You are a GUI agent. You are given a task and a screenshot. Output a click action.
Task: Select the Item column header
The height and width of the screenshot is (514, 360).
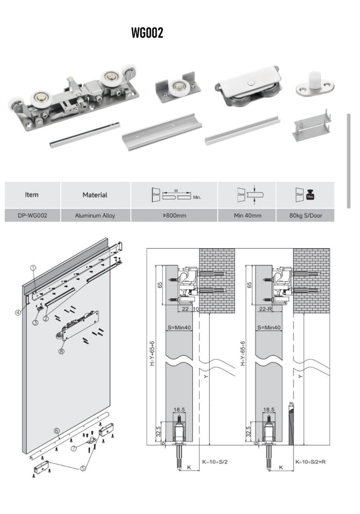32,195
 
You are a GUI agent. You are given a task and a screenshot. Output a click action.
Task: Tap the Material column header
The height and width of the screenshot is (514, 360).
94,195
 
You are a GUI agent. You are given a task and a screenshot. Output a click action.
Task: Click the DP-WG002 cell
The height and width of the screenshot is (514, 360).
32,215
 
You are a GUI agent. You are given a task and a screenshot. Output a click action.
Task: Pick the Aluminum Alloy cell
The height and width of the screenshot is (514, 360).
94,215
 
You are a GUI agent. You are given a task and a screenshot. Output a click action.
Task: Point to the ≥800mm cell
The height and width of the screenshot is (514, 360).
174,215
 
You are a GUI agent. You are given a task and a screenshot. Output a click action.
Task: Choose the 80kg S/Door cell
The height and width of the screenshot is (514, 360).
304,215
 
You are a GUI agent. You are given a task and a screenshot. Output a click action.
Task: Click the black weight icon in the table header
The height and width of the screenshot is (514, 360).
309,195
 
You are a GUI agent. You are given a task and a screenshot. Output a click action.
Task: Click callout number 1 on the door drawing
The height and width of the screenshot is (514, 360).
33,269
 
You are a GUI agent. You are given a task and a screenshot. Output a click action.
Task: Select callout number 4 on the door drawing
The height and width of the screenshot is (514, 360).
18,312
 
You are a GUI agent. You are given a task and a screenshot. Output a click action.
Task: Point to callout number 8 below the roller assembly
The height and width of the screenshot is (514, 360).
61,351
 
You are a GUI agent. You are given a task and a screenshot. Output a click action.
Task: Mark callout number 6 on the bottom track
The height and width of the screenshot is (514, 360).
56,431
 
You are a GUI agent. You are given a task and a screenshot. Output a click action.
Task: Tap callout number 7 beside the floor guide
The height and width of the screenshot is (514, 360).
74,448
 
